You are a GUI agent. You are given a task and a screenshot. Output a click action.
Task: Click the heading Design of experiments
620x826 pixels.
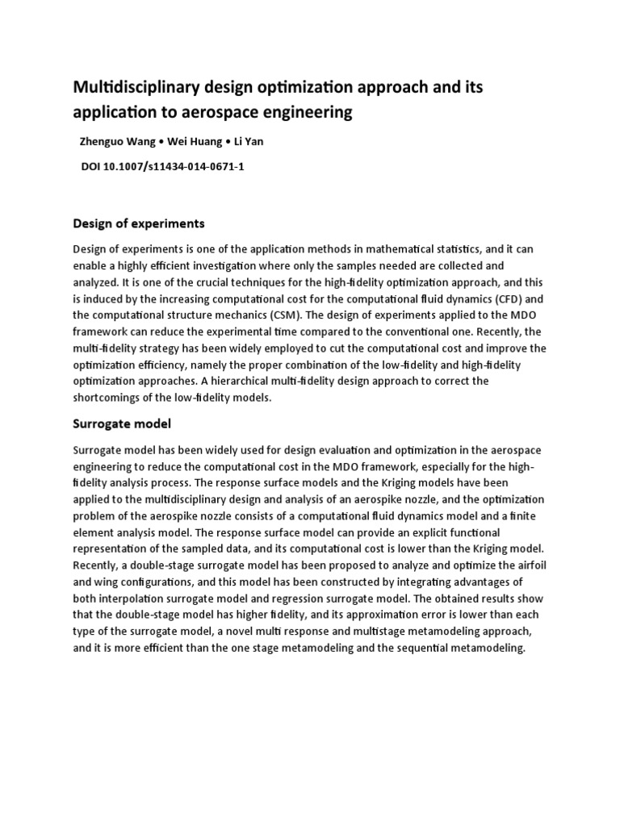(x=139, y=223)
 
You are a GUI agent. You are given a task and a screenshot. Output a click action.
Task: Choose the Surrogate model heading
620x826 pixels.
(x=122, y=423)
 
